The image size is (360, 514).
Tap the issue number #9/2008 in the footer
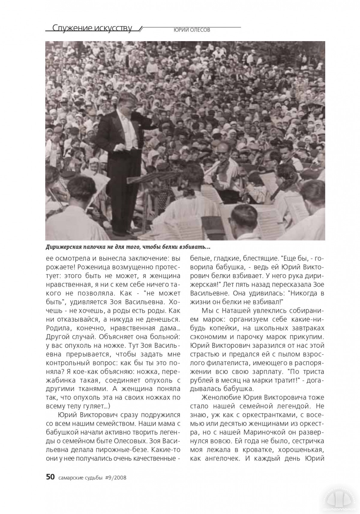(x=116, y=477)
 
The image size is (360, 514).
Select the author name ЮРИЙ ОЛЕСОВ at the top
(x=192, y=30)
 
